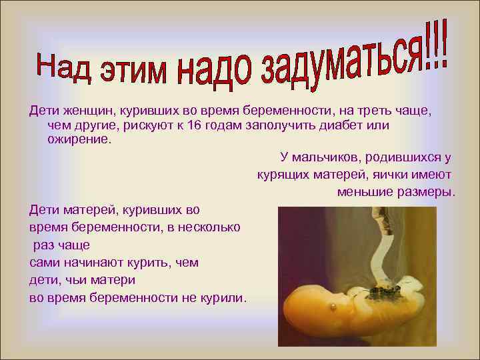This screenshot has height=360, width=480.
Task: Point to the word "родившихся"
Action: pos(405,158)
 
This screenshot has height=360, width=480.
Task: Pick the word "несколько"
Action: pos(206,227)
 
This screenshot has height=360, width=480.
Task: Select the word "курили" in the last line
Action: pos(223,297)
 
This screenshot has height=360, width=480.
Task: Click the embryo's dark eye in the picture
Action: pos(331,307)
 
